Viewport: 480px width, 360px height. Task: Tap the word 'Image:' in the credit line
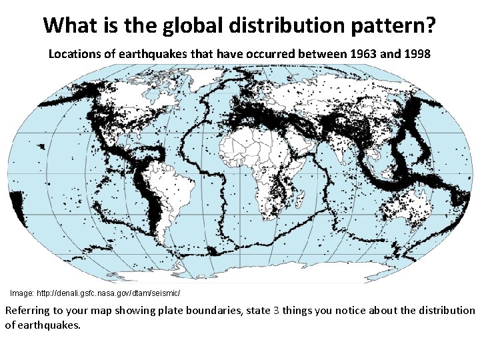22,293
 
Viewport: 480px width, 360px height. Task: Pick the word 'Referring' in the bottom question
29,311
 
